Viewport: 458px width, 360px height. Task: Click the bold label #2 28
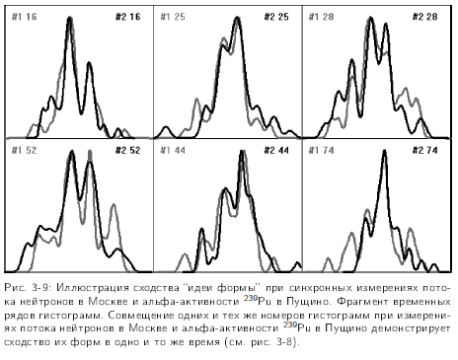pos(427,18)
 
